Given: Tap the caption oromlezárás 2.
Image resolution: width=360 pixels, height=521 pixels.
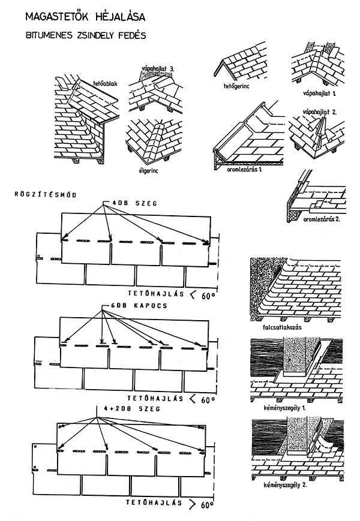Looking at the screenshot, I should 321,219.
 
